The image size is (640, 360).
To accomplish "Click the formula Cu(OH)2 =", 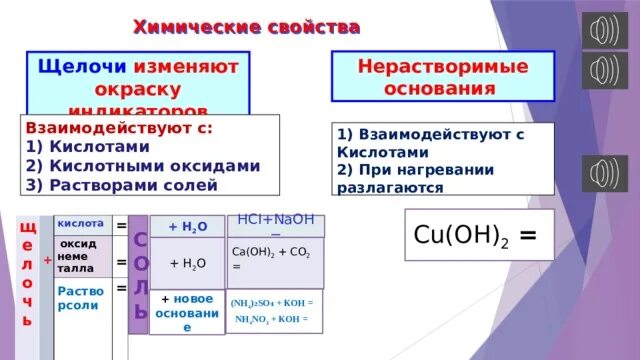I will click(476, 236).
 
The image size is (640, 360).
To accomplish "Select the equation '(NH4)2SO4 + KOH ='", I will click(271, 302).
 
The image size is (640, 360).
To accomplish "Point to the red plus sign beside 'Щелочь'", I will click(47, 259).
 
